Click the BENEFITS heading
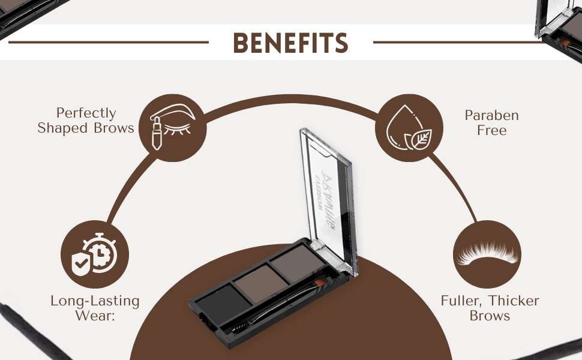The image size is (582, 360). click(x=291, y=43)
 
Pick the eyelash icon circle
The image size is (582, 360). click(x=487, y=254)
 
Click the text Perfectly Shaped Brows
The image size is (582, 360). click(x=86, y=121)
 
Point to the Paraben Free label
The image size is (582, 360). click(x=492, y=122)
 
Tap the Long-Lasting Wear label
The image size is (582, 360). click(x=95, y=308)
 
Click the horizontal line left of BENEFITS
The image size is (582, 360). click(x=108, y=43)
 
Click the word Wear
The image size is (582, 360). click(x=95, y=316)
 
